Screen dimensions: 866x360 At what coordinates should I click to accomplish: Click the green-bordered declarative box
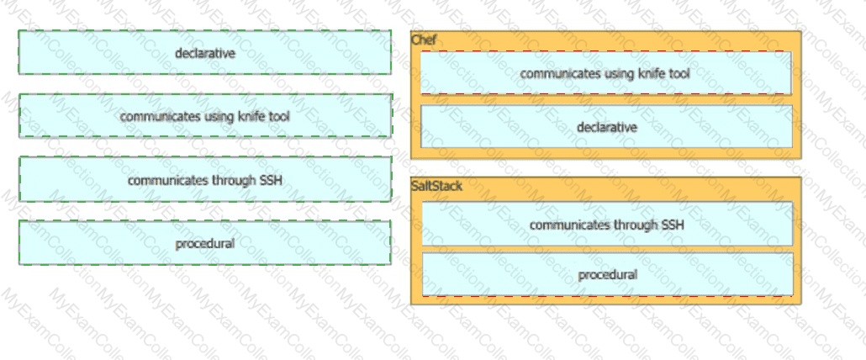[205, 52]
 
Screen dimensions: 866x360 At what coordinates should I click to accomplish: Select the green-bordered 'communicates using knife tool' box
[205, 116]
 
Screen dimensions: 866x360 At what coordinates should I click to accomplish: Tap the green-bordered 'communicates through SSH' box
[205, 179]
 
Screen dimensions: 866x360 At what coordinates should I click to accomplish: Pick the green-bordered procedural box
[205, 243]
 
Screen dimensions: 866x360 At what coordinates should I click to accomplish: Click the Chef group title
[424, 40]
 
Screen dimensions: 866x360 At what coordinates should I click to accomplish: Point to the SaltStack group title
[437, 186]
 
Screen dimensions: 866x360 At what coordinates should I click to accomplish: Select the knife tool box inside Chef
[606, 73]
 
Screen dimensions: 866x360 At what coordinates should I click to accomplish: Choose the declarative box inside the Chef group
[606, 126]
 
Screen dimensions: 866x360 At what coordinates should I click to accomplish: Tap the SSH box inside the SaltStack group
[607, 224]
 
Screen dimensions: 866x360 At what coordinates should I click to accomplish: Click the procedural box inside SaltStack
[608, 274]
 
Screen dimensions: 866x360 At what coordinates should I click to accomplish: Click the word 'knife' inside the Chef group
[651, 73]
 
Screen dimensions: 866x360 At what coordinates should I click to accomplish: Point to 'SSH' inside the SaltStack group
[673, 225]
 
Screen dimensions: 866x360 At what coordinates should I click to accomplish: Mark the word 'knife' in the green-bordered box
[251, 117]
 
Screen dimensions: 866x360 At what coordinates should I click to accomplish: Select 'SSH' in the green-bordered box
[272, 180]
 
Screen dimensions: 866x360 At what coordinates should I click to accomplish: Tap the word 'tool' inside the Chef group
[679, 73]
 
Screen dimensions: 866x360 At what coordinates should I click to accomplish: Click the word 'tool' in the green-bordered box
[279, 117]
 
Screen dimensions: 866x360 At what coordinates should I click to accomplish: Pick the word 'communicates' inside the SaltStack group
[566, 225]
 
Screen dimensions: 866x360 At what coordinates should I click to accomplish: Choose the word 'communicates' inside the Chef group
[556, 73]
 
